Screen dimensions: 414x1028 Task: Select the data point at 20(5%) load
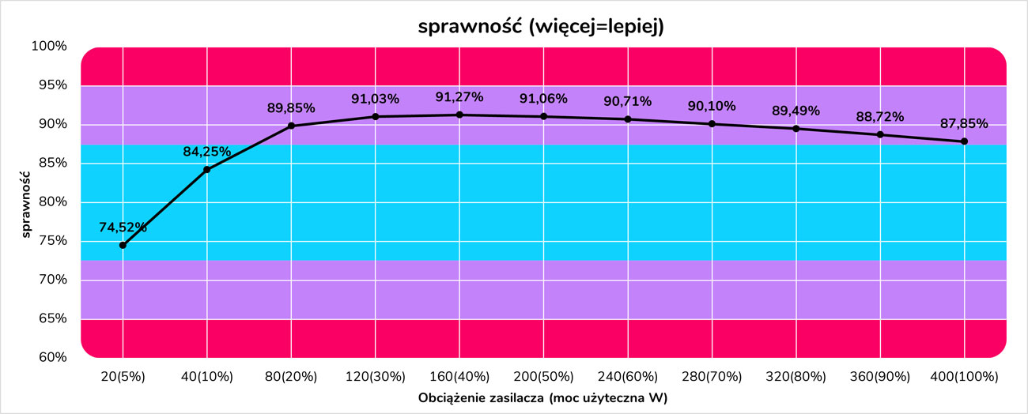pyautogui.click(x=123, y=245)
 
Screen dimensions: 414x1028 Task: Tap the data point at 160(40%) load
pyautogui.click(x=459, y=115)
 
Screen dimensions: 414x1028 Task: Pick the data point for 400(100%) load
pyautogui.click(x=964, y=141)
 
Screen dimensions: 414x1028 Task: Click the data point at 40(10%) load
pyautogui.click(x=207, y=169)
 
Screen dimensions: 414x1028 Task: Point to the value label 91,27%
pyautogui.click(x=459, y=97)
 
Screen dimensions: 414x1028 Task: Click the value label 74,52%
pyautogui.click(x=123, y=228)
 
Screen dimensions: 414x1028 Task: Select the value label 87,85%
pyautogui.click(x=964, y=124)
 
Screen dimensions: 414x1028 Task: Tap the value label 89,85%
pyautogui.click(x=291, y=107)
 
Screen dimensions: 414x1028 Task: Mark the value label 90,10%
pyautogui.click(x=712, y=106)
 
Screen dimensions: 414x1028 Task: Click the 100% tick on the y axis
pyautogui.click(x=50, y=46)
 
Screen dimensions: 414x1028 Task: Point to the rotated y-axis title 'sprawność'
pyautogui.click(x=26, y=201)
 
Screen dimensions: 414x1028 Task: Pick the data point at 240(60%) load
pyautogui.click(x=628, y=119)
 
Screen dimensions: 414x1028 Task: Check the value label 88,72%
pyautogui.click(x=880, y=117)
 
